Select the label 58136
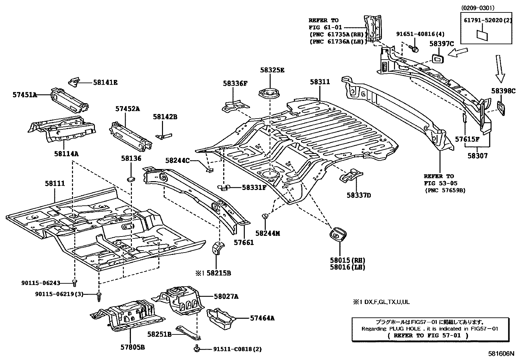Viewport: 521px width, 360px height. click(131, 158)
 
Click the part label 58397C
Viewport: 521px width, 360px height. click(442, 44)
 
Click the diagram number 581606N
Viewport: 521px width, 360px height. click(501, 354)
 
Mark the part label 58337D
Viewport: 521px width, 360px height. click(359, 195)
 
